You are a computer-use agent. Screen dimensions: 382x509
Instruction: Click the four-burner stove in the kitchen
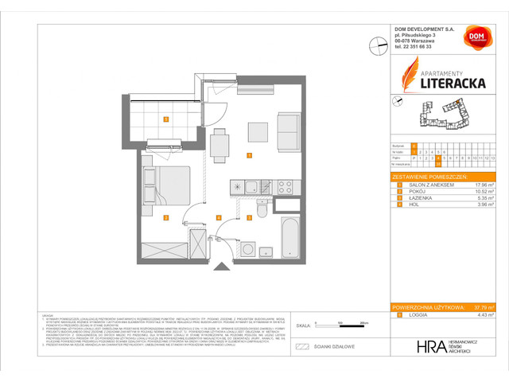(x=284, y=188)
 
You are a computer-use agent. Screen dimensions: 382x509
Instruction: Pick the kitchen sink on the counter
(x=252, y=188)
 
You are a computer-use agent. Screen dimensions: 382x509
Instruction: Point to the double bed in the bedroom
(x=162, y=182)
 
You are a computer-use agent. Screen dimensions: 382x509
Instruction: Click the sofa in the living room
(x=286, y=132)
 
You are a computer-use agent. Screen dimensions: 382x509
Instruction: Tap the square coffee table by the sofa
(x=257, y=132)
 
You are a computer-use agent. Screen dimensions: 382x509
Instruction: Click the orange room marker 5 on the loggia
(x=165, y=119)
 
